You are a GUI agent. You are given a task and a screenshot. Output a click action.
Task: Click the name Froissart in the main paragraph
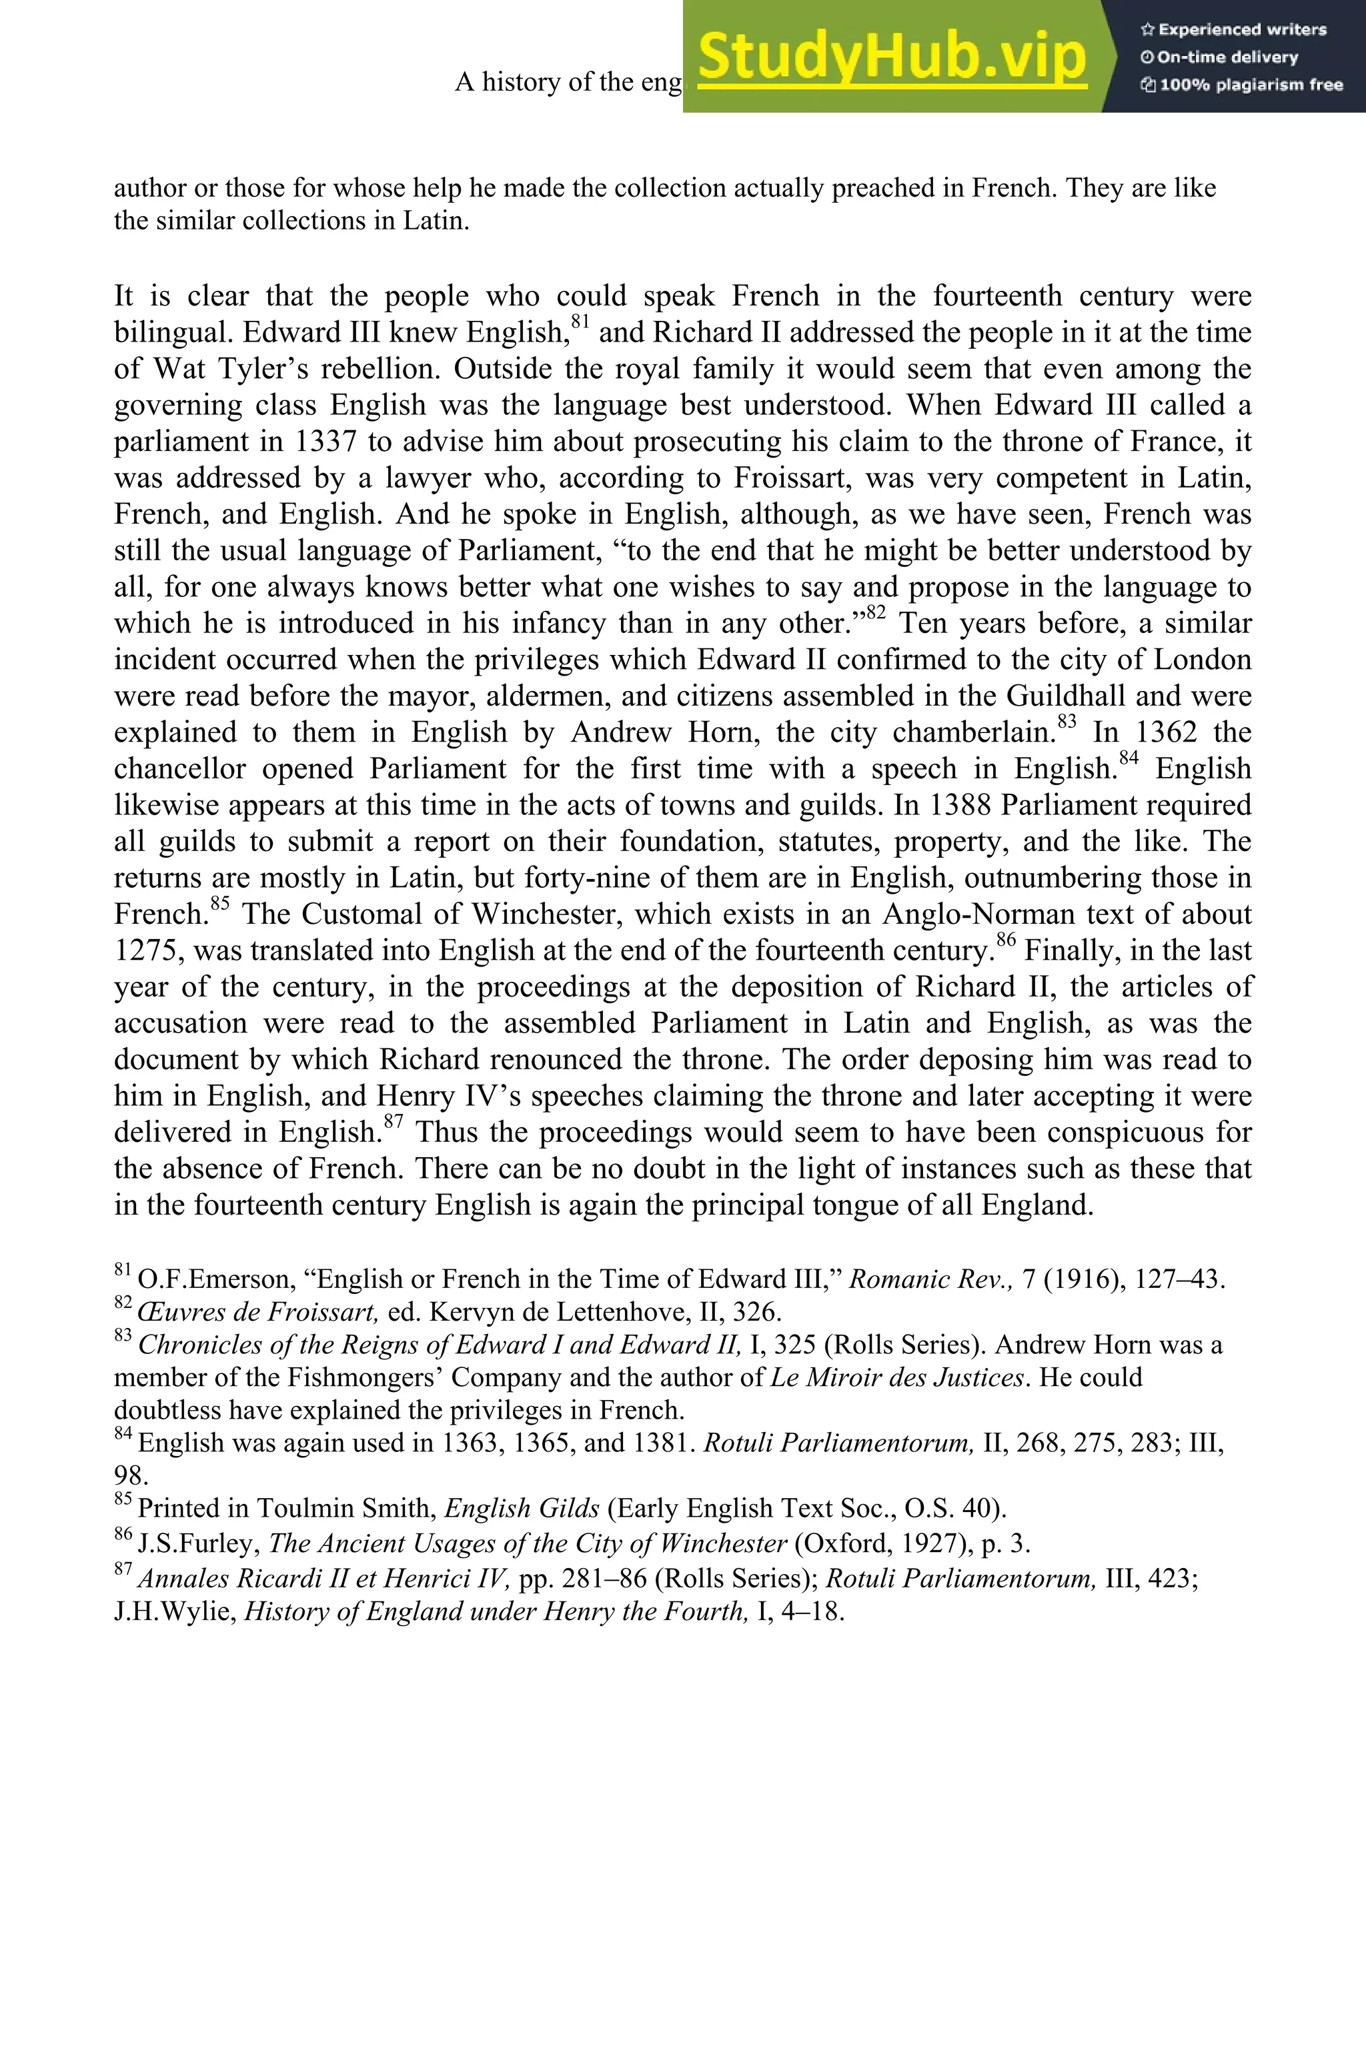[x=788, y=478]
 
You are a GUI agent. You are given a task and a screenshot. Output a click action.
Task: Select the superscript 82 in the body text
[x=876, y=614]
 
